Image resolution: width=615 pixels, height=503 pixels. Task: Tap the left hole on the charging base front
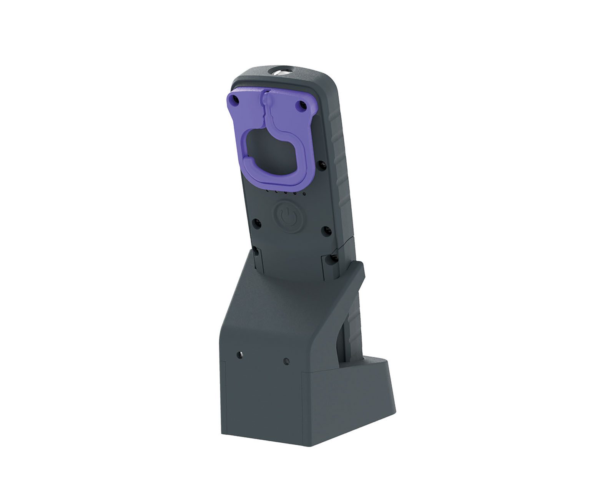point(240,354)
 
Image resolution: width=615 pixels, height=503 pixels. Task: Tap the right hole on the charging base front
point(286,360)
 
